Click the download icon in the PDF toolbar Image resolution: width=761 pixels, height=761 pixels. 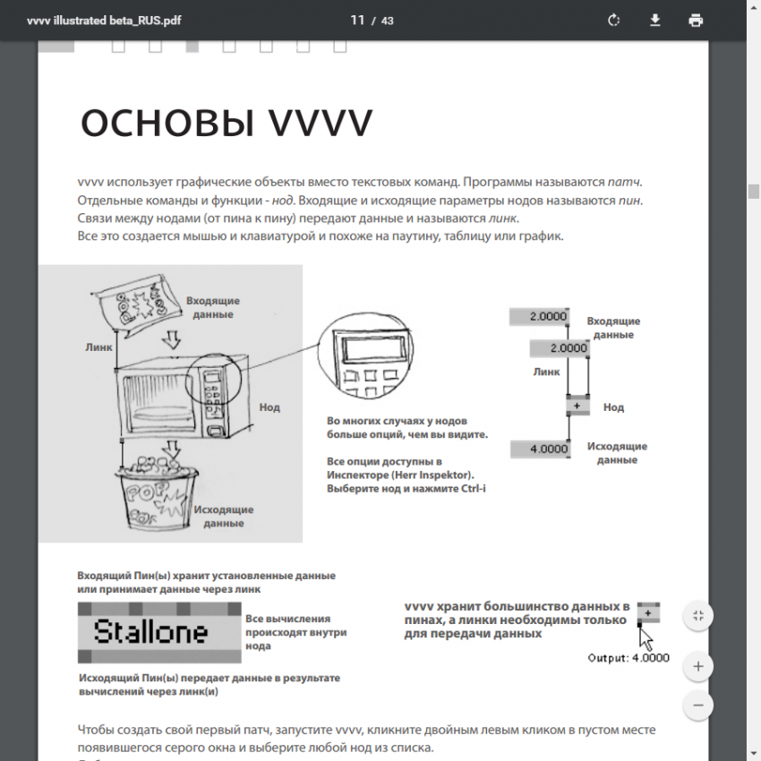pos(655,21)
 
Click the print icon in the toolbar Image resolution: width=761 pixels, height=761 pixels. pos(696,21)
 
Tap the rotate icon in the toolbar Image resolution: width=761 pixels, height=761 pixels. pos(614,21)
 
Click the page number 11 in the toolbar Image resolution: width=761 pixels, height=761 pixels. pos(357,21)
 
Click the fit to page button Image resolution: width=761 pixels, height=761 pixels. pos(697,616)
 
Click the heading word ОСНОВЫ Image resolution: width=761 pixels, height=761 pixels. pos(163,124)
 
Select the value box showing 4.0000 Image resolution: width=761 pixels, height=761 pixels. pos(541,449)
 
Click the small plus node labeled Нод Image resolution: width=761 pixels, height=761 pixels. pos(577,406)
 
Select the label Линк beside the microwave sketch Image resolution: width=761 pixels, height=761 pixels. pos(98,346)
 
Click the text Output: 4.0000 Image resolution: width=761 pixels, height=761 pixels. pos(628,658)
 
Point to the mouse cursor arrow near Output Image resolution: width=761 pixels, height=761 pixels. pos(646,638)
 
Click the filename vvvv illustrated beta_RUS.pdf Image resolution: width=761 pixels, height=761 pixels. pos(104,21)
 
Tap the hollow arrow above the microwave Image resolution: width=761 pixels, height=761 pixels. pos(174,339)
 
